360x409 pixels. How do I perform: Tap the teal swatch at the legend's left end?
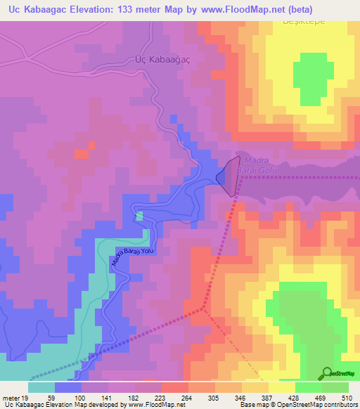(x=41, y=387)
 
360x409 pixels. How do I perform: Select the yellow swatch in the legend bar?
(x=282, y=387)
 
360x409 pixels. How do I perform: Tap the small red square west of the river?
(x=82, y=152)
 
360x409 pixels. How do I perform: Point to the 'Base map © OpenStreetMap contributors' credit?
(x=297, y=405)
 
